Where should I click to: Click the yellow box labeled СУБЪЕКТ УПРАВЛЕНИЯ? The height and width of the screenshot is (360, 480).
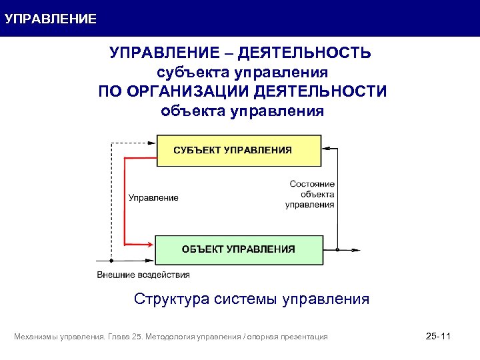[x=238, y=151]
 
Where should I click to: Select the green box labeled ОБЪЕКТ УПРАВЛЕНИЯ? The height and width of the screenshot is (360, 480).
[x=238, y=249]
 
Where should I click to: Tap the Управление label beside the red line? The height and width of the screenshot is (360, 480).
[x=153, y=197]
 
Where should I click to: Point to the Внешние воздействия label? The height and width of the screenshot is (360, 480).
[x=143, y=275]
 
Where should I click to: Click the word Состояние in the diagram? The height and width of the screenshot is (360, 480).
[x=312, y=183]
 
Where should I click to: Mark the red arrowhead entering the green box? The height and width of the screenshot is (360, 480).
[x=152, y=243]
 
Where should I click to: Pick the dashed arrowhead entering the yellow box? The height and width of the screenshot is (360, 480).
[x=153, y=143]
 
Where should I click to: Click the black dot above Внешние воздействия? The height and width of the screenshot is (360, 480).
[x=111, y=261]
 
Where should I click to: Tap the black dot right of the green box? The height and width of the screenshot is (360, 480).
[x=338, y=250]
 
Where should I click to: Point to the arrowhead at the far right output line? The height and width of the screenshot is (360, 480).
[x=357, y=250]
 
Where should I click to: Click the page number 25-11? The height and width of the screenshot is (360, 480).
[x=438, y=337]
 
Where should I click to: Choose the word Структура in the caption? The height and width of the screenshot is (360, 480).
[x=171, y=299]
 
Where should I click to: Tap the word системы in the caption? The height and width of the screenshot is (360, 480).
[x=247, y=299]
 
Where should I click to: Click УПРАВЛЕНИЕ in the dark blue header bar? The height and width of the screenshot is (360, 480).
[x=51, y=19]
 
